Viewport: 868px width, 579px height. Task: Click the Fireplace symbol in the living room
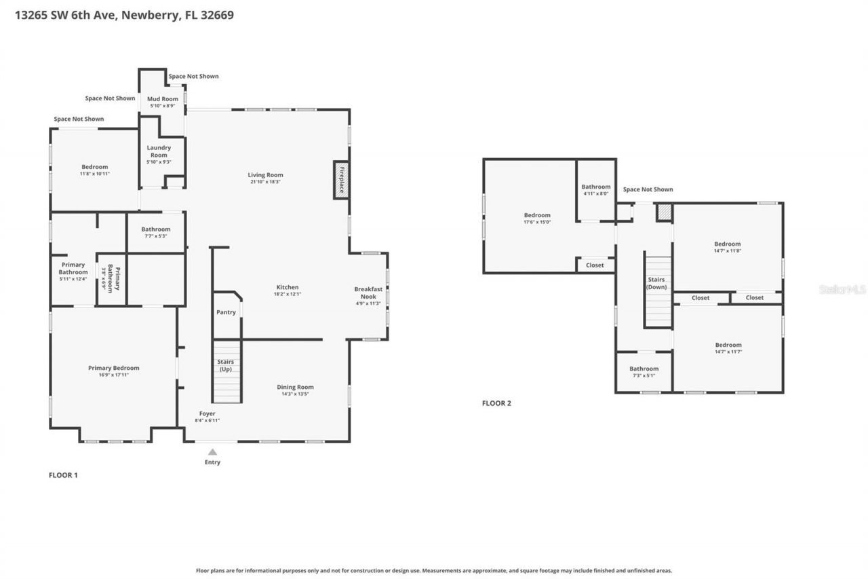(x=341, y=180)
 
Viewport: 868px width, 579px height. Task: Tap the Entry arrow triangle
(x=212, y=452)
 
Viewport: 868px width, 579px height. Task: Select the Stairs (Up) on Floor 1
(x=227, y=372)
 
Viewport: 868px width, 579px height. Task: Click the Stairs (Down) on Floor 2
(x=656, y=292)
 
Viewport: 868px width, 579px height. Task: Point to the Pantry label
(x=226, y=312)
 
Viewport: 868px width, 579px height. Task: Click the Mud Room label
(x=163, y=99)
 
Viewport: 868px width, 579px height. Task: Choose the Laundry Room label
(x=159, y=151)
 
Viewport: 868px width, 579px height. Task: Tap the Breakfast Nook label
(x=368, y=293)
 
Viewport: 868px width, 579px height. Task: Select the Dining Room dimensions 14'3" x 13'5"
(x=295, y=394)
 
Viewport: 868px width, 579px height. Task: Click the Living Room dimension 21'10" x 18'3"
(x=265, y=182)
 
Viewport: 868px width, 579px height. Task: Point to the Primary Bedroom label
(x=113, y=368)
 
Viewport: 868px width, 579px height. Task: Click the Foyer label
(x=207, y=413)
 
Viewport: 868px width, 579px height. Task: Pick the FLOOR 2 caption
(x=496, y=403)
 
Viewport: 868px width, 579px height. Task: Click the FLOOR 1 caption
(x=63, y=475)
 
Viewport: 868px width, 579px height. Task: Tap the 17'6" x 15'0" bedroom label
(x=537, y=215)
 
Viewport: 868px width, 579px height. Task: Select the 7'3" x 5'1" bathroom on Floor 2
(x=644, y=372)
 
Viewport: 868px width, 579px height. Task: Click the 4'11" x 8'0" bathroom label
(x=595, y=187)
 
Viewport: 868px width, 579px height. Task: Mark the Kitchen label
(x=287, y=287)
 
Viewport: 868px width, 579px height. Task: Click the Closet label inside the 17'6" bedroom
(x=595, y=265)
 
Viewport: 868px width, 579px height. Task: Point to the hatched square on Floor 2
(x=664, y=212)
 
